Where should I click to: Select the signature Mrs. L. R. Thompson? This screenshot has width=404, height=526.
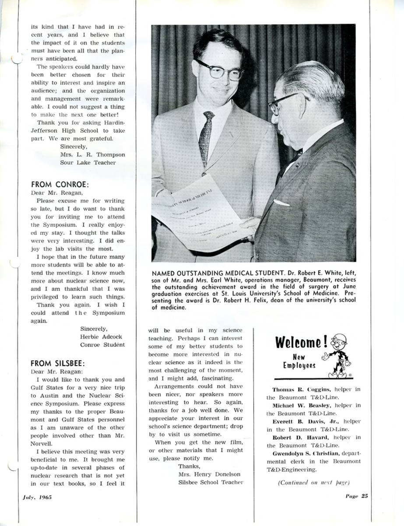(92, 154)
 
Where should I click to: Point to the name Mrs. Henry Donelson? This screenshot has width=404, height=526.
(210, 474)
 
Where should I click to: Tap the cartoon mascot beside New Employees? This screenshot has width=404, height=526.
(339, 355)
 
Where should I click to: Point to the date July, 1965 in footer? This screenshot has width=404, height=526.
(37, 498)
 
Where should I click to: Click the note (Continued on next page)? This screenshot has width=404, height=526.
(313, 483)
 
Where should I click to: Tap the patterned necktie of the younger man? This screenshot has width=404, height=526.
(206, 138)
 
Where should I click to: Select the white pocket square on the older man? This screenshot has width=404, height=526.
(281, 203)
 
